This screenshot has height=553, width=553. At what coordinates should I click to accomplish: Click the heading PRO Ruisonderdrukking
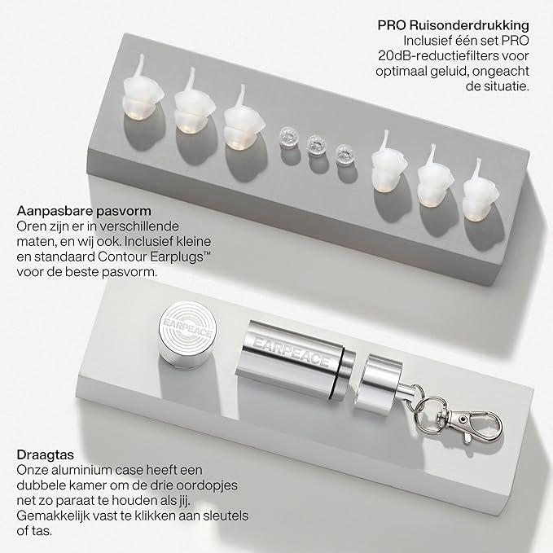coord(454,24)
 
